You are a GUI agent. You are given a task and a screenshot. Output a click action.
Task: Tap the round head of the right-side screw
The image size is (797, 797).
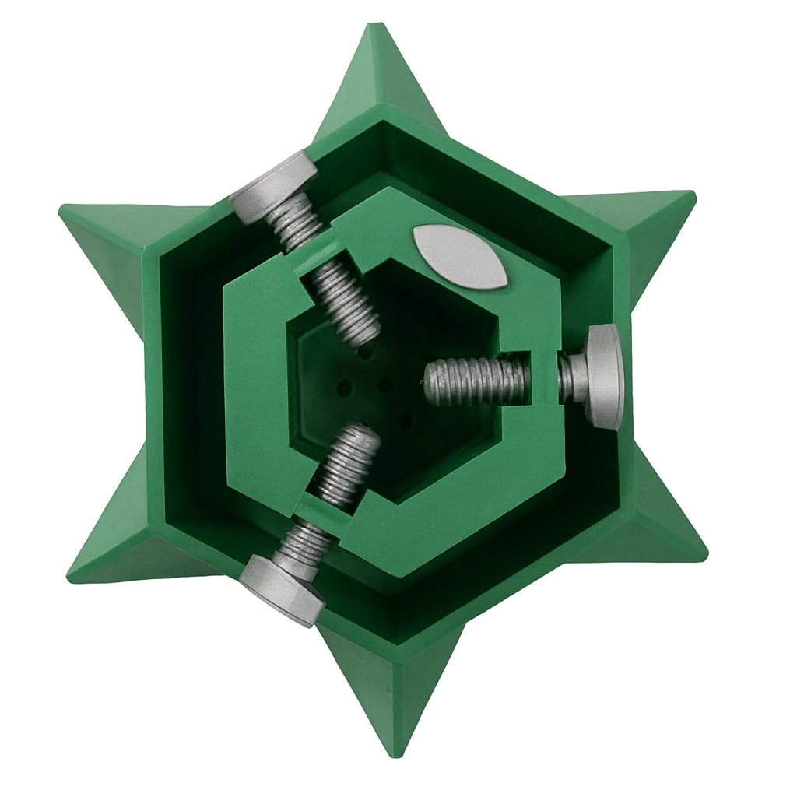pos(606,377)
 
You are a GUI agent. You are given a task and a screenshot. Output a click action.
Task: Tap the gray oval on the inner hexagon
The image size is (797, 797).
pos(459,257)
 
